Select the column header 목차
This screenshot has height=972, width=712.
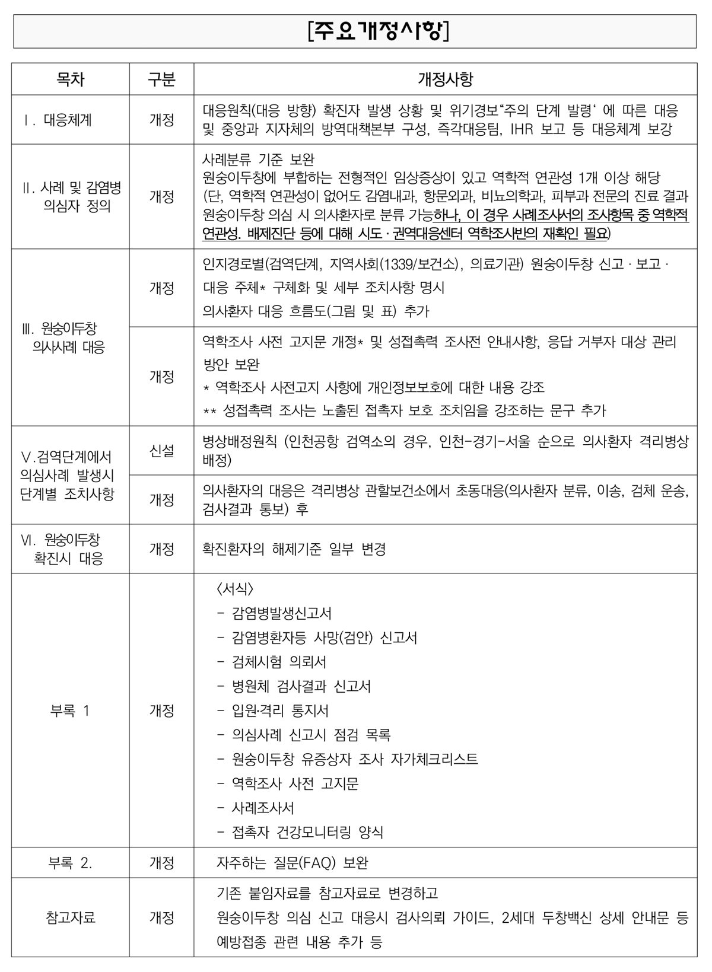click(70, 79)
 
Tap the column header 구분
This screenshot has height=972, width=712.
click(161, 79)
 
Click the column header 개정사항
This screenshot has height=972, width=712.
click(445, 79)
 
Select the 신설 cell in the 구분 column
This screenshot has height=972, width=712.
click(161, 451)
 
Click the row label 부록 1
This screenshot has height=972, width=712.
click(70, 710)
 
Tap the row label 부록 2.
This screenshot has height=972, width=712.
click(70, 863)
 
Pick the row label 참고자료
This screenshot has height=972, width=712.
click(70, 917)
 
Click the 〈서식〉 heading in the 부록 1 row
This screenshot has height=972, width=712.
click(236, 589)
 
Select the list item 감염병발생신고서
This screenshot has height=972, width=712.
click(282, 613)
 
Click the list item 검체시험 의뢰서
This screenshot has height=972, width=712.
click(279, 662)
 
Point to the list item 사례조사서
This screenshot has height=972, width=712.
click(263, 808)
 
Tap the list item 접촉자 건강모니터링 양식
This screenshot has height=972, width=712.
click(307, 832)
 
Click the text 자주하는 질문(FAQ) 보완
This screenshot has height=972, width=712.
click(293, 863)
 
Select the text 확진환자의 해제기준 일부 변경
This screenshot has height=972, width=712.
click(294, 549)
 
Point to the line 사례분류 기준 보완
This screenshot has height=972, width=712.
click(258, 159)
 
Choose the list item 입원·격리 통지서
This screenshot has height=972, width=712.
click(280, 710)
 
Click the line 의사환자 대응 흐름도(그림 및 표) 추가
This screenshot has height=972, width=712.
click(316, 311)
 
